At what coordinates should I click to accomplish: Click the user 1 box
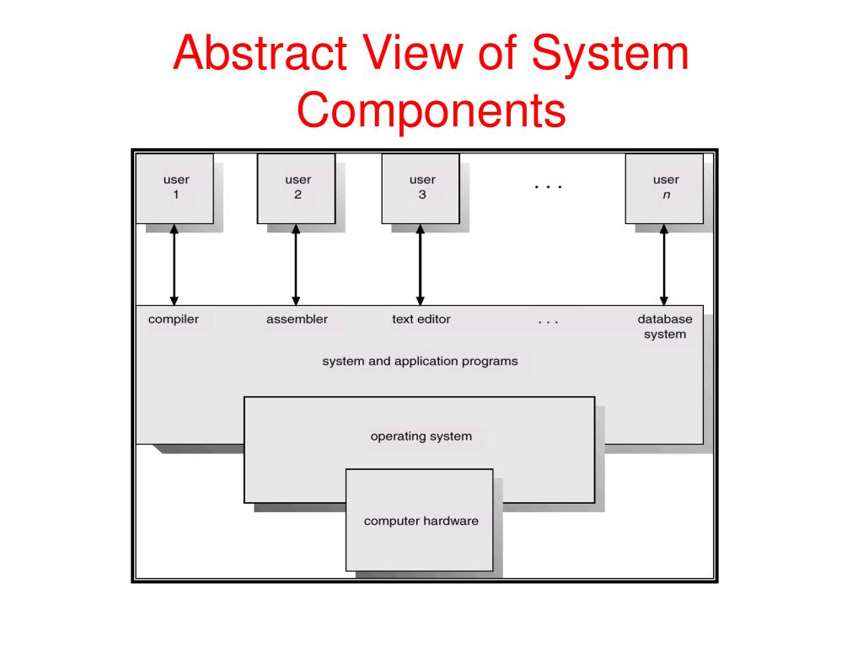[175, 188]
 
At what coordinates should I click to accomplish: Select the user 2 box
[297, 188]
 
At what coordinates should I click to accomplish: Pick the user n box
[665, 188]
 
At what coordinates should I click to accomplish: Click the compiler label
[174, 319]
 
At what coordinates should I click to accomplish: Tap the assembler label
[297, 319]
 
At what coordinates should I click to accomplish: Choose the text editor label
[421, 319]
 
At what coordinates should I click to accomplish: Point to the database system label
[664, 327]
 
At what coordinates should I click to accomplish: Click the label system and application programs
[420, 361]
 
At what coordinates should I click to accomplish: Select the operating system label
[421, 436]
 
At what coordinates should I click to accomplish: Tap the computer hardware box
[421, 521]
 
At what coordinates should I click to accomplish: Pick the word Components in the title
[431, 112]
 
